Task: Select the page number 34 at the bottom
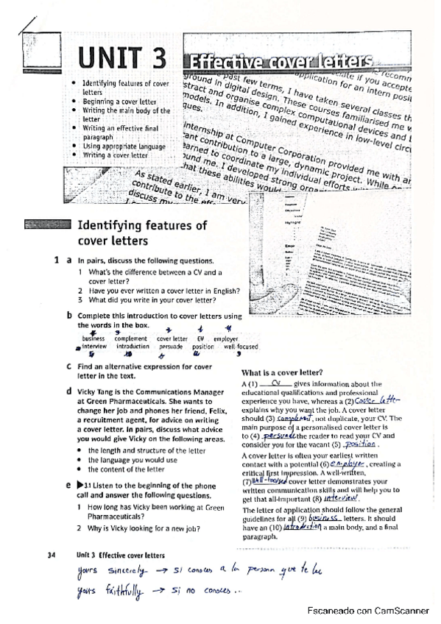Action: (x=52, y=555)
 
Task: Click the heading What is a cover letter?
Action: (x=279, y=372)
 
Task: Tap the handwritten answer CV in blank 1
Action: (x=276, y=383)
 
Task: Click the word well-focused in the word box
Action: (x=241, y=346)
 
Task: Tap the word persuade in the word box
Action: (x=171, y=346)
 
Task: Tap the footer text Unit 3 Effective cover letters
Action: (x=113, y=555)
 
